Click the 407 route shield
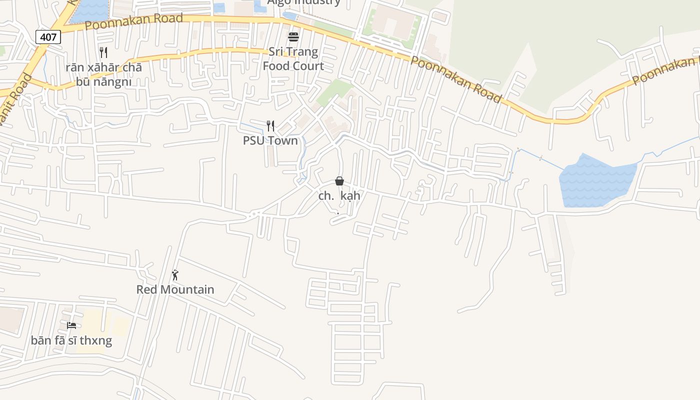[48, 37]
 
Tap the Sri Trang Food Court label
[293, 59]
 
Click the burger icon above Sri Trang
[293, 37]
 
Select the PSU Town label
[270, 140]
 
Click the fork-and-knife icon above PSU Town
[270, 125]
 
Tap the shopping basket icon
[339, 181]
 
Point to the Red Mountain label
[175, 289]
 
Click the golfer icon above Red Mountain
[175, 275]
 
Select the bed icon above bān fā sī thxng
[71, 325]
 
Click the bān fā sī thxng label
[71, 341]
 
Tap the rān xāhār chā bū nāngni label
[103, 74]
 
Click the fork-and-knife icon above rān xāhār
[103, 52]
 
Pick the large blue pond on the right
[596, 181]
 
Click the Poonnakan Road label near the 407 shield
[133, 21]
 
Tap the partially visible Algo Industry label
[303, 2]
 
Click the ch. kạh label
[339, 196]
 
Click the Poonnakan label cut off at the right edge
[665, 70]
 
